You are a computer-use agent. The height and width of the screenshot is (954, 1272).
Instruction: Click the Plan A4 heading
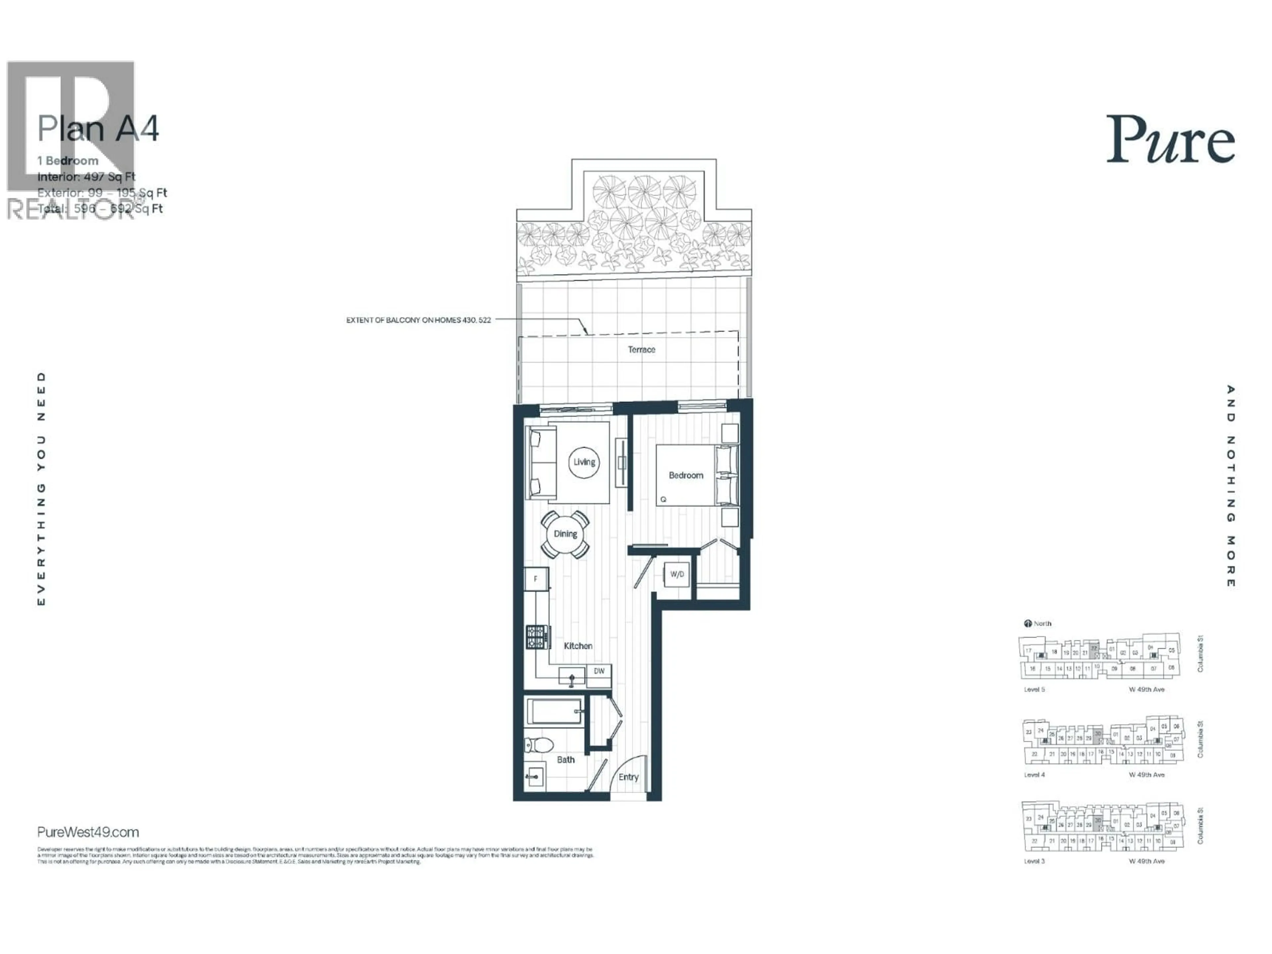tap(98, 129)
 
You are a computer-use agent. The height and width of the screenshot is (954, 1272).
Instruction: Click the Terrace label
tap(641, 349)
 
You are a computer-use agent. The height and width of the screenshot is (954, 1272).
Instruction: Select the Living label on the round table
tap(584, 462)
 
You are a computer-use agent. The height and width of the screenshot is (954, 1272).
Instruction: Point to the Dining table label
tap(565, 534)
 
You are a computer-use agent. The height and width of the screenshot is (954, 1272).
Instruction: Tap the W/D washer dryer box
tap(677, 574)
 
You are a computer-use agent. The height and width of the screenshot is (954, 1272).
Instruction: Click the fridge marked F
tap(536, 578)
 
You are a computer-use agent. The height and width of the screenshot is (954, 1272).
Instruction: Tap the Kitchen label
tap(578, 646)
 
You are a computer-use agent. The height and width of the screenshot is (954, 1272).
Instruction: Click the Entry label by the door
tap(628, 777)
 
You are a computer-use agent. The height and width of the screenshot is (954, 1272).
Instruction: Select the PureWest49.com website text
tap(88, 832)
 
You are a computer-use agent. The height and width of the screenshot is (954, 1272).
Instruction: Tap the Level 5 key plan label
tap(1034, 689)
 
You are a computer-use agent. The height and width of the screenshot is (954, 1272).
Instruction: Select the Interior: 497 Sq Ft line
tap(86, 177)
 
